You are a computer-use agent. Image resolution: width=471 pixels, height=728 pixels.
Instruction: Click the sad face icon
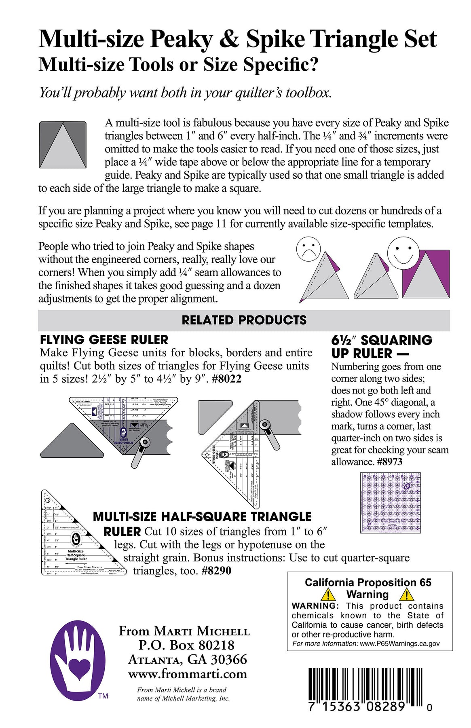308,249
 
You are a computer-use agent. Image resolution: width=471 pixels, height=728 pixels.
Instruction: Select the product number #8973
389,462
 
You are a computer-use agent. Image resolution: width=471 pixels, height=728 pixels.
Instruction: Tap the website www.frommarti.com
188,674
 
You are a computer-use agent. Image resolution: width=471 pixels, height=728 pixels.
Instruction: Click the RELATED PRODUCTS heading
244,320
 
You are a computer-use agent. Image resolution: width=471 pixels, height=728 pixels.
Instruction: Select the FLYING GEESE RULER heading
104,340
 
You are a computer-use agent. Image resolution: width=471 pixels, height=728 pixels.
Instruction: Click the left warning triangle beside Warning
328,594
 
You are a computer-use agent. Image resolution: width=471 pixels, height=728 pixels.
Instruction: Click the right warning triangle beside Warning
406,594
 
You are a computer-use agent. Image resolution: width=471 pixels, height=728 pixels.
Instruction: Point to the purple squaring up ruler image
391,503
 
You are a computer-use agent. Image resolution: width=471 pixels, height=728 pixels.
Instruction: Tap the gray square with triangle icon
63,145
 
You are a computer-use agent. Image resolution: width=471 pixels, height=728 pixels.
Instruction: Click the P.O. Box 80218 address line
186,645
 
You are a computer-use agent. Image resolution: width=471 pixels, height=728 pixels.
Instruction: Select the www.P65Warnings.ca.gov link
399,644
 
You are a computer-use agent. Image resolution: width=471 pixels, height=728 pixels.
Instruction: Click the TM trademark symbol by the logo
103,696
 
